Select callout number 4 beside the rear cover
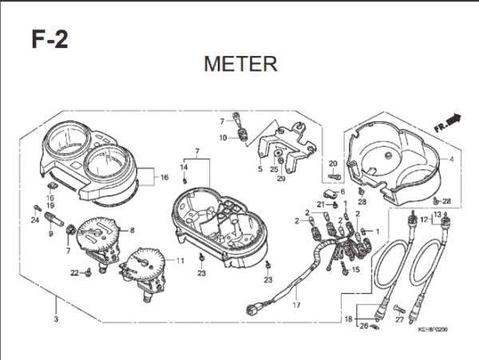point(451,160)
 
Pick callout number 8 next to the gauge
point(133,231)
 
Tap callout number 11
point(180,260)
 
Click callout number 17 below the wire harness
point(296,305)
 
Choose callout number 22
point(74,273)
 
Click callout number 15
point(356,269)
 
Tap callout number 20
point(334,164)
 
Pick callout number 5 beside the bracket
point(259,169)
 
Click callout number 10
point(224,137)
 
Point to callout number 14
point(183,168)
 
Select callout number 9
point(49,233)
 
